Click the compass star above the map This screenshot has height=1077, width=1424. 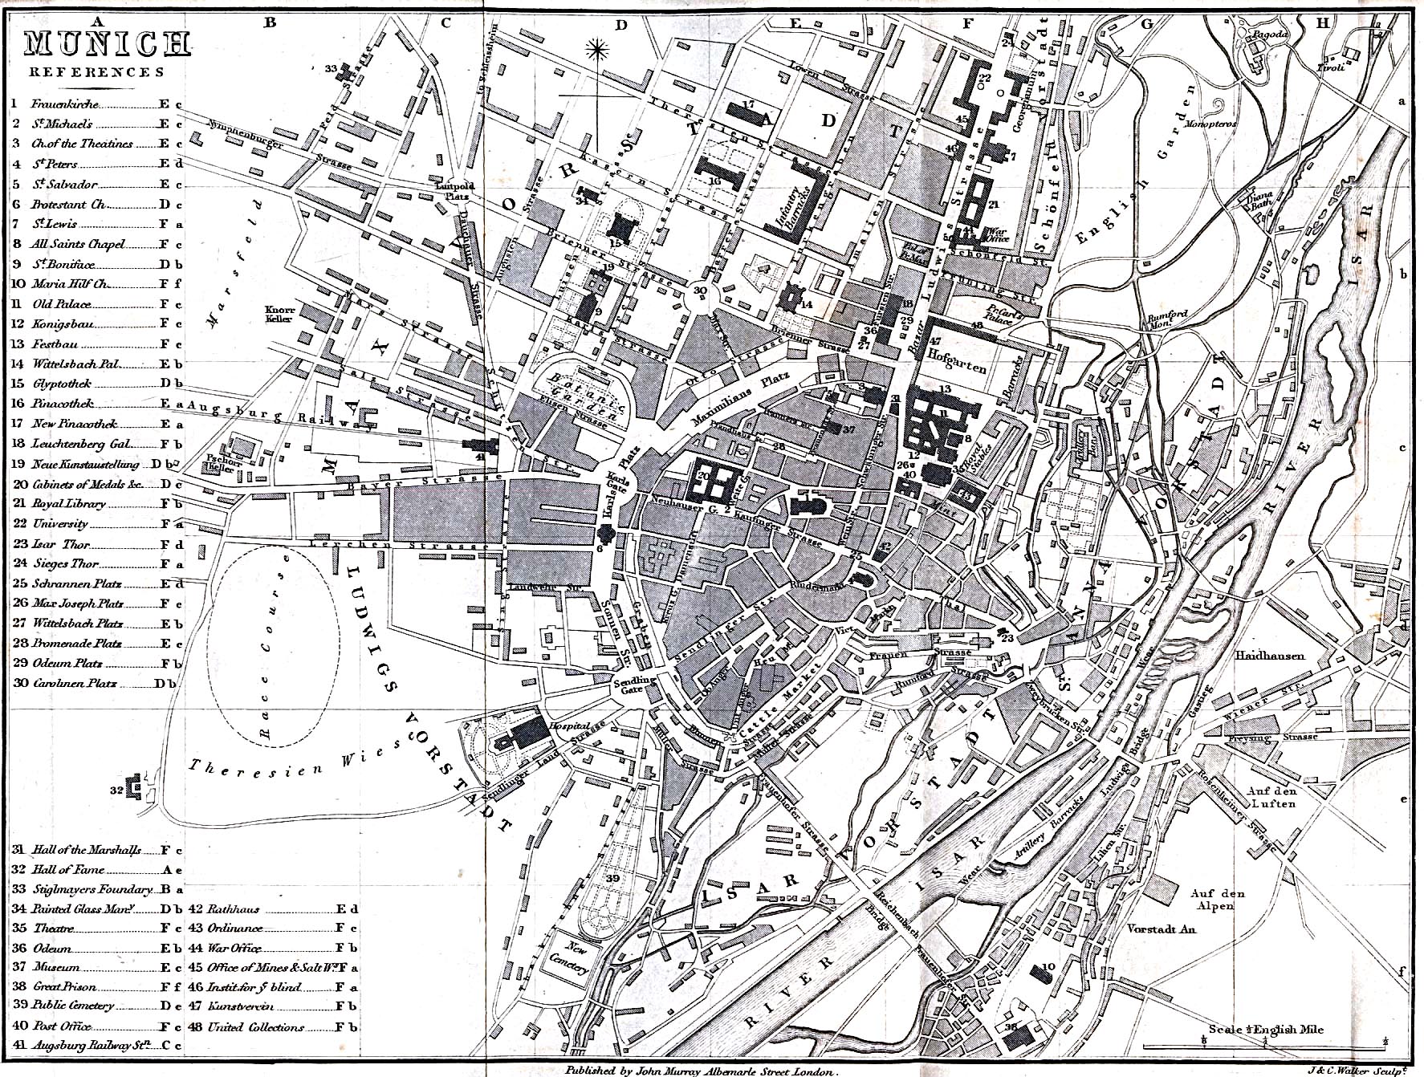[x=596, y=51]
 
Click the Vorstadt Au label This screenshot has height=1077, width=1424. [x=1162, y=929]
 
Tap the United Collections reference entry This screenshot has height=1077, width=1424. [x=255, y=1027]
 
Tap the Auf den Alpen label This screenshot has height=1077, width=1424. [x=1217, y=900]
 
